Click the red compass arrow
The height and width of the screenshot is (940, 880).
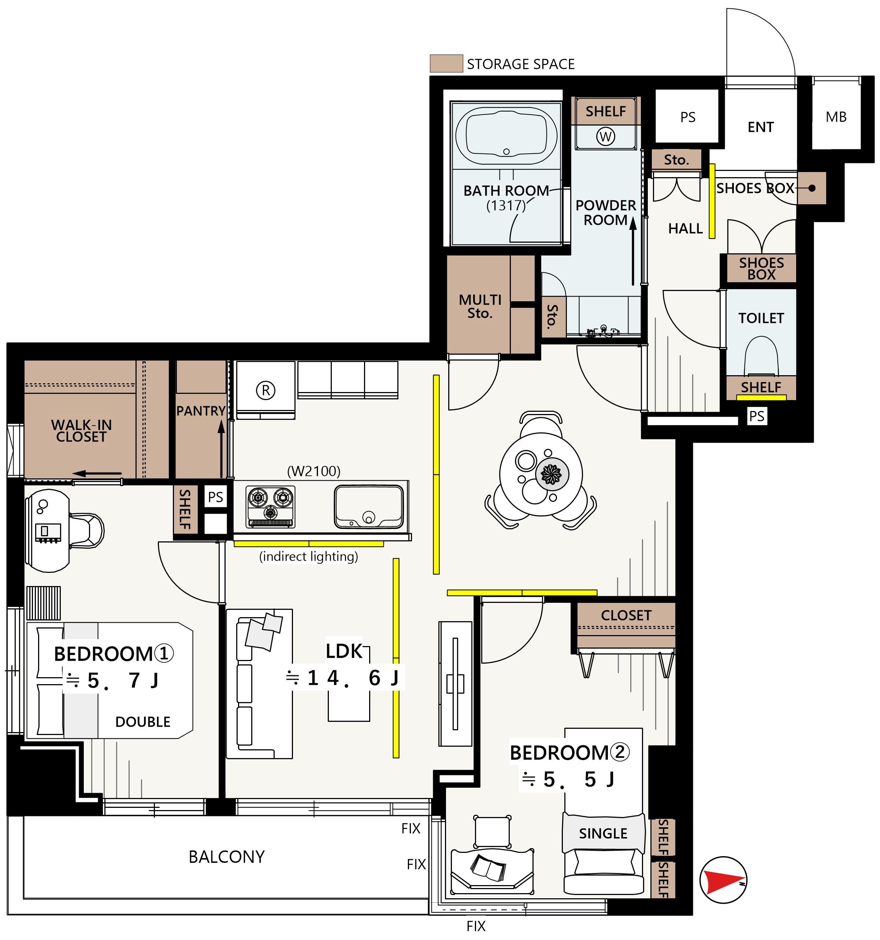point(723,880)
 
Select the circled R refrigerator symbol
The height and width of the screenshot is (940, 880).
point(266,391)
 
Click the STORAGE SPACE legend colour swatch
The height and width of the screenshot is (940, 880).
point(446,63)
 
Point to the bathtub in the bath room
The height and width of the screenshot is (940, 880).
point(506,135)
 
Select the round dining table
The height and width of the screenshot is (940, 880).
point(541,474)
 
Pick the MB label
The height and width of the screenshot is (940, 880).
point(836,117)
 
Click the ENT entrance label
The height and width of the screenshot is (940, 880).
point(760,127)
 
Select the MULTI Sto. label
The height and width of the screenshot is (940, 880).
point(480,306)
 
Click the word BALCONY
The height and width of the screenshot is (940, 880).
point(227,856)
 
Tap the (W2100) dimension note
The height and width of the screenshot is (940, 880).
point(314,471)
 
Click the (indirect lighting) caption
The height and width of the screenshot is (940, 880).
point(308,556)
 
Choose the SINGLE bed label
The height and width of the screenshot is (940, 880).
point(603,833)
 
